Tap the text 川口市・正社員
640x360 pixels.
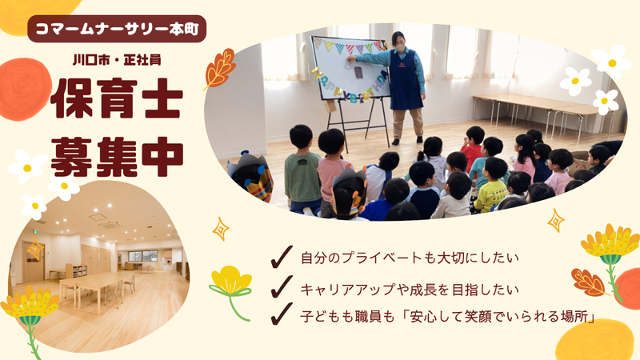click(118, 62)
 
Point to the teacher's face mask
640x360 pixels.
click(397, 47)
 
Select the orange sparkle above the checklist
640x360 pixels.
click(221, 229)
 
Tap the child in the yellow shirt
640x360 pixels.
click(490, 187)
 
